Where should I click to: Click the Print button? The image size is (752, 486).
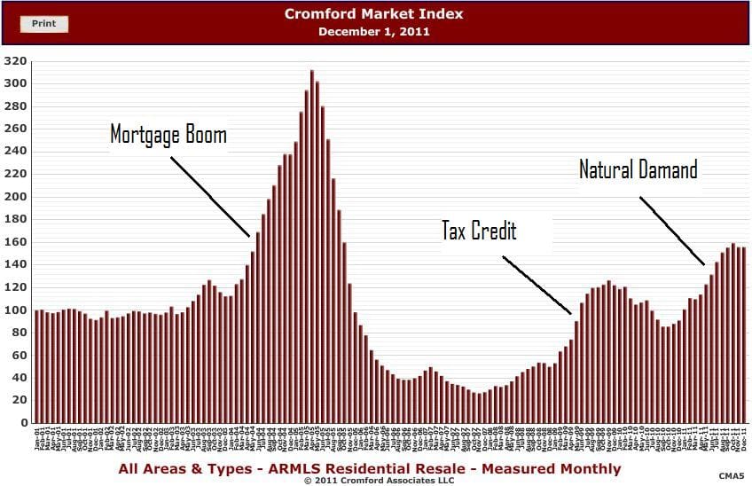tap(43, 24)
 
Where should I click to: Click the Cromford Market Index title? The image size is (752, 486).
tap(373, 14)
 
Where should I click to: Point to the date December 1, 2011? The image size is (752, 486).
tap(373, 31)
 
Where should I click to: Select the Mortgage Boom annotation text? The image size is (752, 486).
tap(168, 135)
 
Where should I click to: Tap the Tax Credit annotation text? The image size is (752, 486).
tap(479, 231)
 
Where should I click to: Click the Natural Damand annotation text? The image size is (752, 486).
tap(638, 169)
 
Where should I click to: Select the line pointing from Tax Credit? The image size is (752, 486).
tap(537, 285)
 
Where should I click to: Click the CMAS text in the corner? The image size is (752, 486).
tap(731, 476)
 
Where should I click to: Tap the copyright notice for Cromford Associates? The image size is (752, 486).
tap(379, 480)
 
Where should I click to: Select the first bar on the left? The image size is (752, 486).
tap(37, 366)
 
